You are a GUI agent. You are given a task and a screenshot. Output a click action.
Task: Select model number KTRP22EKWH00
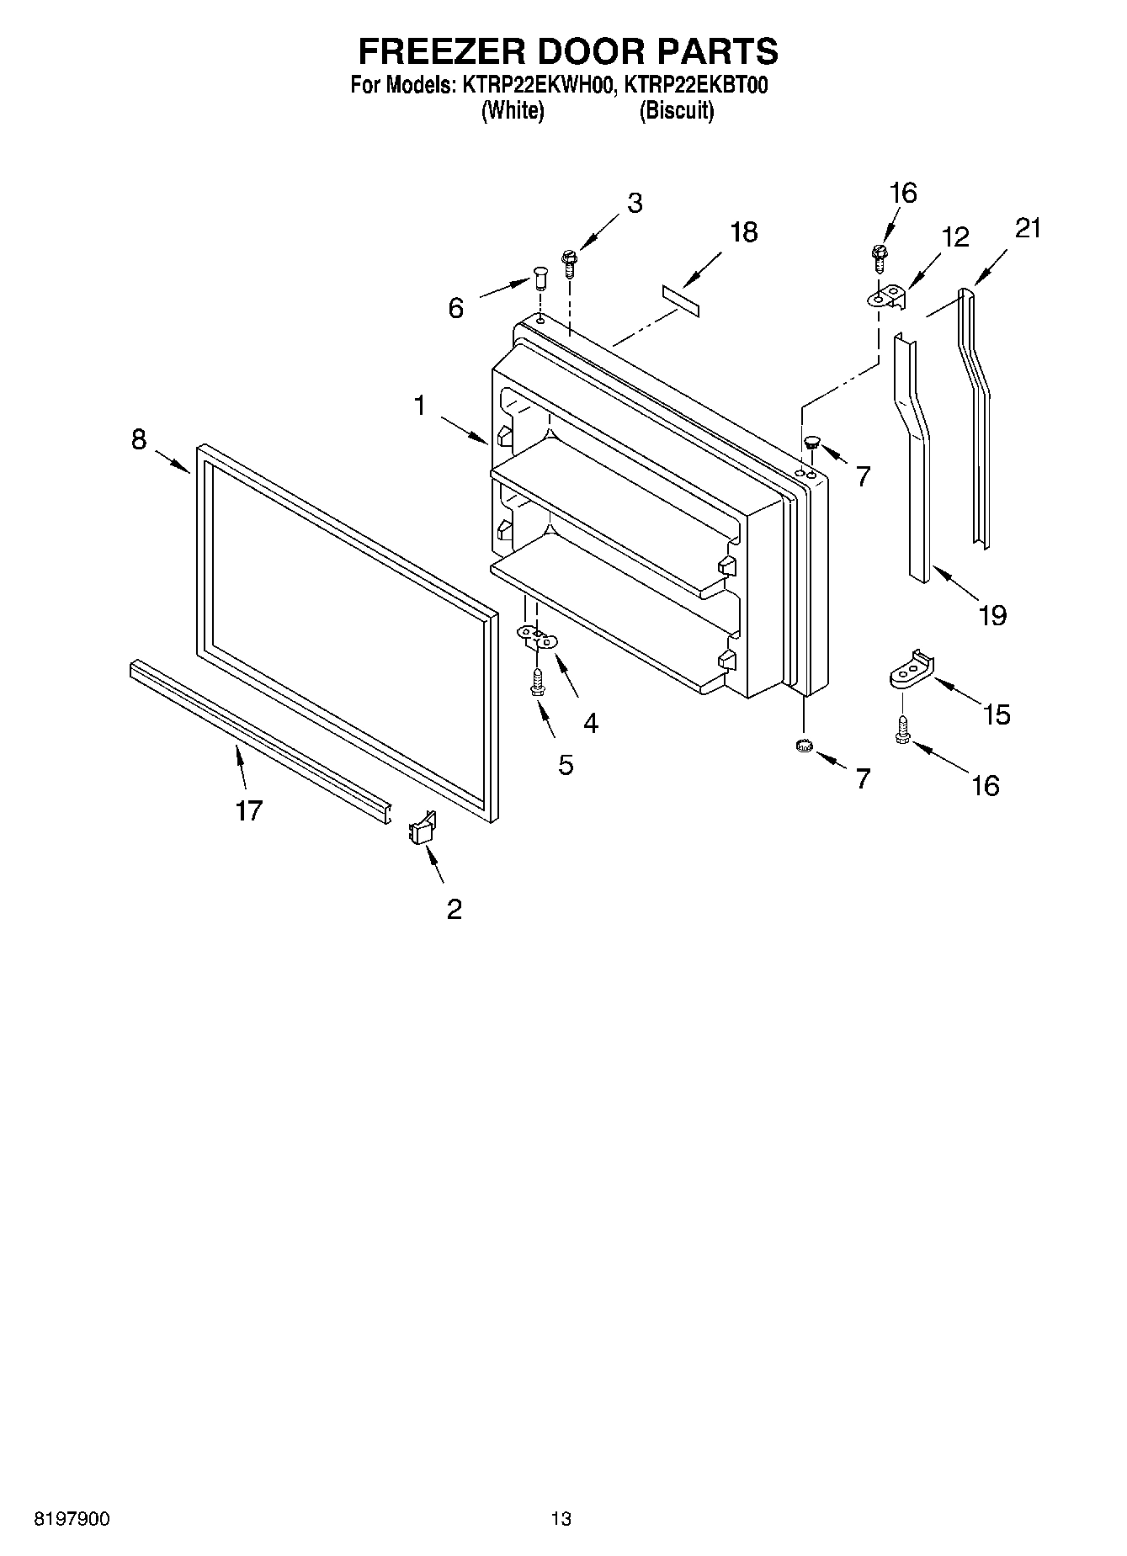coord(532,85)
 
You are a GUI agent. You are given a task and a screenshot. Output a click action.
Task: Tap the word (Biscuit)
coord(677,111)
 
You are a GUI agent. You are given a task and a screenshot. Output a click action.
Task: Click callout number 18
coord(743,232)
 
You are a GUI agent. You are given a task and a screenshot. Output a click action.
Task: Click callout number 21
coord(1029,228)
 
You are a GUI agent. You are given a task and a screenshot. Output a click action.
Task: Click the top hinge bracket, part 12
coord(888,297)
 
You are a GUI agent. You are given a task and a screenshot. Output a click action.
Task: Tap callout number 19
coord(992,616)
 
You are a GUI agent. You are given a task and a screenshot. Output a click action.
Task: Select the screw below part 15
coord(902,729)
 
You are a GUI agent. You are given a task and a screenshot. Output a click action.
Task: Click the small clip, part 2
coord(422,828)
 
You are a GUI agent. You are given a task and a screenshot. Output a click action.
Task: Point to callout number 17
coord(248,810)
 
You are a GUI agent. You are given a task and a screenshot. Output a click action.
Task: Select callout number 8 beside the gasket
coord(139,439)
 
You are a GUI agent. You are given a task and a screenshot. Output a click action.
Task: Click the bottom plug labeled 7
coord(804,745)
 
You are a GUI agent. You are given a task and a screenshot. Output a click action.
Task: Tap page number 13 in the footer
coord(561,1519)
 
